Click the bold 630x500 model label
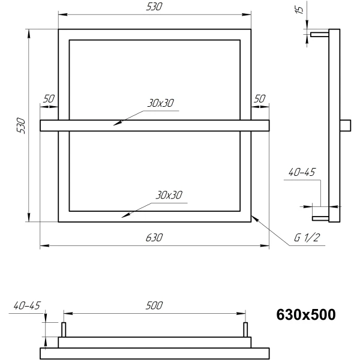click(305, 314)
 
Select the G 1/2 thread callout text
click(307, 238)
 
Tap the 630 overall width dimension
click(154, 238)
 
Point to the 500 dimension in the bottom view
click(154, 305)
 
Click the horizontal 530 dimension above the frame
click(154, 7)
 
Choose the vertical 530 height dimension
click(21, 125)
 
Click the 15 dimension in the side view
click(299, 10)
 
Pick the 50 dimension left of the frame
click(49, 99)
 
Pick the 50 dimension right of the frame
click(259, 99)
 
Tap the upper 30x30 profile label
click(160, 103)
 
